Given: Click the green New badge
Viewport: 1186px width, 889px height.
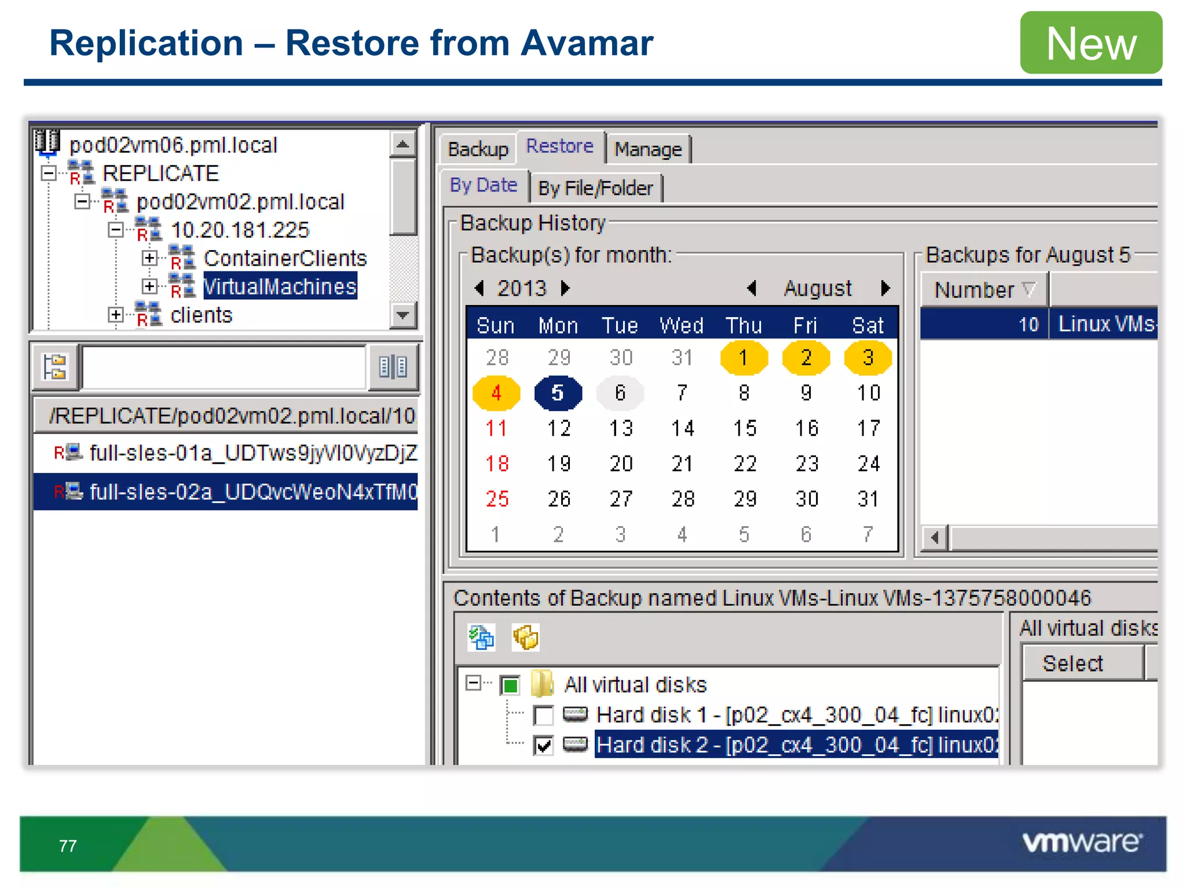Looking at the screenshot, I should pos(1091,43).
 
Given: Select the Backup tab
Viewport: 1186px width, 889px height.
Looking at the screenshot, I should pos(478,149).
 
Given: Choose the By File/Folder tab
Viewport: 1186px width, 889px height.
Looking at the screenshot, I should pos(595,188).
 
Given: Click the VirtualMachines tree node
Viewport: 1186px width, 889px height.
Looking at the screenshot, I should pos(280,286).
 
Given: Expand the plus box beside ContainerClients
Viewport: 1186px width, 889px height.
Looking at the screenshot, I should pos(149,258).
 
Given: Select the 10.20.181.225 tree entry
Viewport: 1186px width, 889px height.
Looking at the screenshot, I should pos(240,230).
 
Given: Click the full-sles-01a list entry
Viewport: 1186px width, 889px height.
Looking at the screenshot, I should pos(252,453).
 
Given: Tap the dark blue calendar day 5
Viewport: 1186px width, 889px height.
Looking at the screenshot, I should pos(558,393).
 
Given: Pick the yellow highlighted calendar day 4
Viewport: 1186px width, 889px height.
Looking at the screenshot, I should pos(496,393).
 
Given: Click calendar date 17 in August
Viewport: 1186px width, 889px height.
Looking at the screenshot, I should pos(868,428).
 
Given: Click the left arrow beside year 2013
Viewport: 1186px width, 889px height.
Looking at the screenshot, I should pos(479,288).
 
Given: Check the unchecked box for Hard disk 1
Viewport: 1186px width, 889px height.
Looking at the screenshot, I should pos(543,715).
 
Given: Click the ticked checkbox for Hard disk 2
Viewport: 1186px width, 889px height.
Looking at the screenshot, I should pos(543,745).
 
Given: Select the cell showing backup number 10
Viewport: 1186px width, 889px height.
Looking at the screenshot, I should pos(984,324).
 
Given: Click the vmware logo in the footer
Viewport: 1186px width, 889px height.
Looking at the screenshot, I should pos(1082,842).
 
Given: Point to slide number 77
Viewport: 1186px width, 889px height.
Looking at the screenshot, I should pos(68,846).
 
